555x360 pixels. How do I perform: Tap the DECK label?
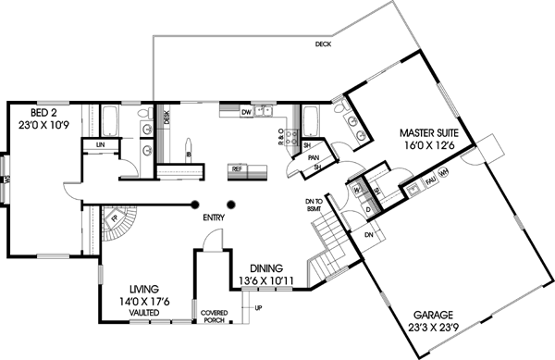(x=323, y=43)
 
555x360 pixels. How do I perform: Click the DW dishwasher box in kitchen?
(x=246, y=113)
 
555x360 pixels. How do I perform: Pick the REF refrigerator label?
(x=237, y=169)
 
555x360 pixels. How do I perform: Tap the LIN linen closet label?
(x=98, y=145)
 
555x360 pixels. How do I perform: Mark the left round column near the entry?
(x=196, y=205)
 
